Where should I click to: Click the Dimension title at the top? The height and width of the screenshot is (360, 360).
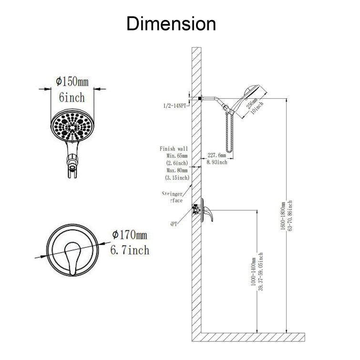(x=171, y=23)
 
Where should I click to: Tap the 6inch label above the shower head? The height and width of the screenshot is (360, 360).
(x=72, y=97)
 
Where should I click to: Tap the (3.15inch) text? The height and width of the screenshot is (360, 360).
(x=177, y=177)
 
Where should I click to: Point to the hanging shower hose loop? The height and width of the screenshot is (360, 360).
(x=229, y=134)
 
